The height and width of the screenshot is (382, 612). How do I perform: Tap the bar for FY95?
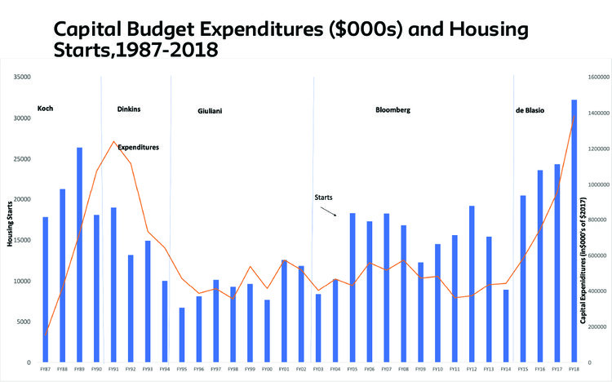click(x=181, y=335)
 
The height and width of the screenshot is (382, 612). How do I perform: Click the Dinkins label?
click(x=129, y=109)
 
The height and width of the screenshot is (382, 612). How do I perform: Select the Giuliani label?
click(x=210, y=110)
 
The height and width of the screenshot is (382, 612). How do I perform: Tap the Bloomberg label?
click(x=392, y=109)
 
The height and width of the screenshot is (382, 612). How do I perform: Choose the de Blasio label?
click(x=530, y=109)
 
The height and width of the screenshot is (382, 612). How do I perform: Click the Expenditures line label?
click(x=138, y=147)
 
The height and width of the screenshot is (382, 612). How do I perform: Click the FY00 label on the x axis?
click(x=266, y=370)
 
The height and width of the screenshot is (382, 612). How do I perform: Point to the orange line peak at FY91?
click(x=113, y=141)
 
